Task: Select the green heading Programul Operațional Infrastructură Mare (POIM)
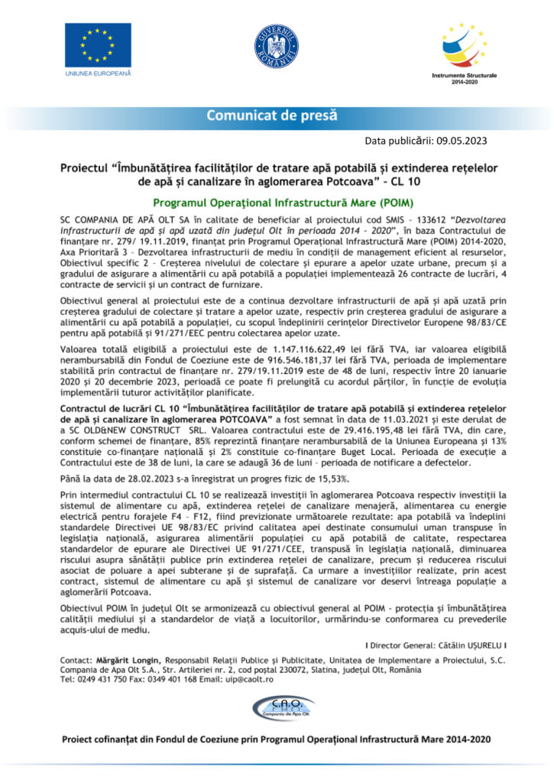click(277, 203)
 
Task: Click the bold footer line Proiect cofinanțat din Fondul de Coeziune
click(277, 740)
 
